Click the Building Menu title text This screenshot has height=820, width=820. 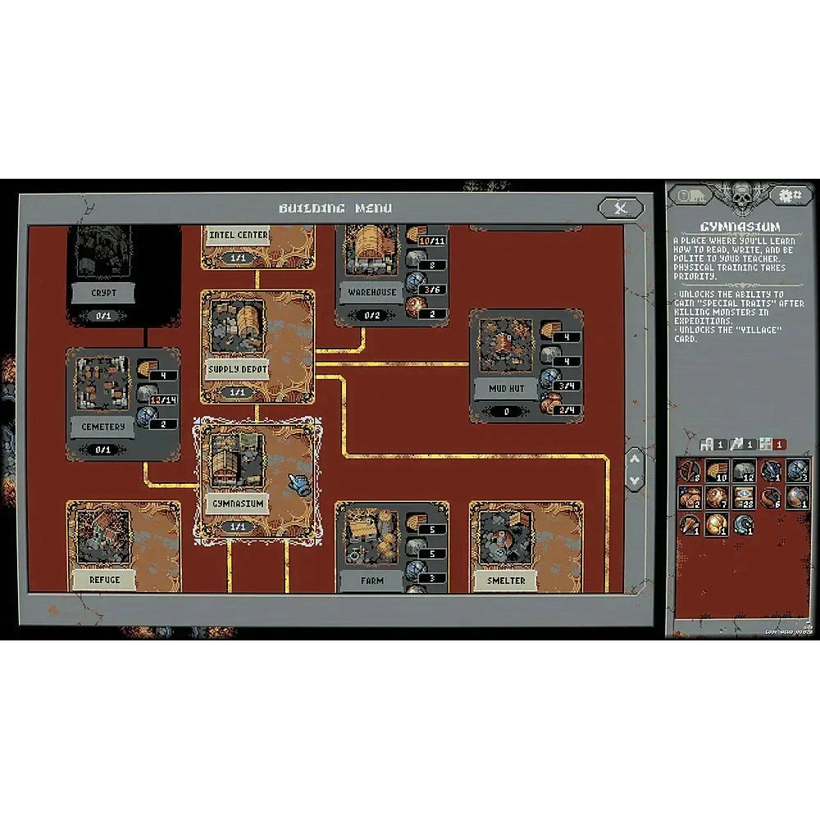[x=335, y=208]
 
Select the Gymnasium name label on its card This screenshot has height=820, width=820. [x=238, y=503]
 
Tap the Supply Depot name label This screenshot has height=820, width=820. [x=238, y=368]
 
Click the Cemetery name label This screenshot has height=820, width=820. [x=103, y=426]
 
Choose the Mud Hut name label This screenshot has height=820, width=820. [x=506, y=388]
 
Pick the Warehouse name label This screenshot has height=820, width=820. [x=371, y=292]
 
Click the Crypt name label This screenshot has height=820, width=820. [x=104, y=292]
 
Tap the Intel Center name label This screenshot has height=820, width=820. [x=238, y=235]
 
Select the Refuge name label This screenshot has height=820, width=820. [x=104, y=580]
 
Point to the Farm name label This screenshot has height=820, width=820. [x=371, y=580]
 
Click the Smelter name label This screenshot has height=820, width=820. [x=505, y=580]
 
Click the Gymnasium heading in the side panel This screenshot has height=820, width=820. [x=740, y=226]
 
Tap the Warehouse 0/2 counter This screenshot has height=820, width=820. [x=371, y=315]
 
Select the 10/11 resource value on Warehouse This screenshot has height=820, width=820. [x=432, y=241]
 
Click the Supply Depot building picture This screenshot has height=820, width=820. [x=238, y=326]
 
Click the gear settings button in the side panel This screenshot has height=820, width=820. [x=791, y=195]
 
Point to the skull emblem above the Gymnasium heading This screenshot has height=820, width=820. [x=740, y=197]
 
